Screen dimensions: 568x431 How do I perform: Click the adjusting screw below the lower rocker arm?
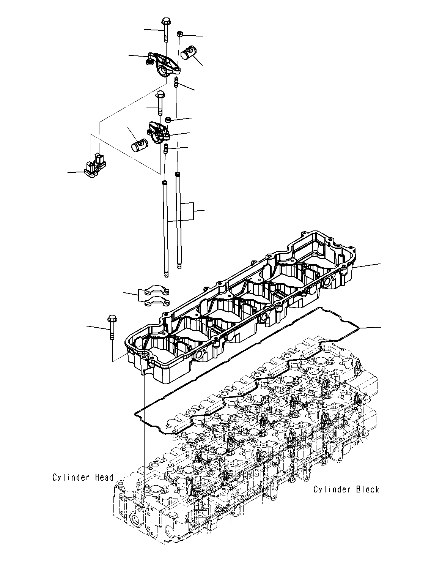(166, 149)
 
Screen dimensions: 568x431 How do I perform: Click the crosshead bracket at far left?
(95, 166)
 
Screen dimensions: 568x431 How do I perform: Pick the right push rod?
(178, 220)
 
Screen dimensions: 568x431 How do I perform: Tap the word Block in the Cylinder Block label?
(367, 489)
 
